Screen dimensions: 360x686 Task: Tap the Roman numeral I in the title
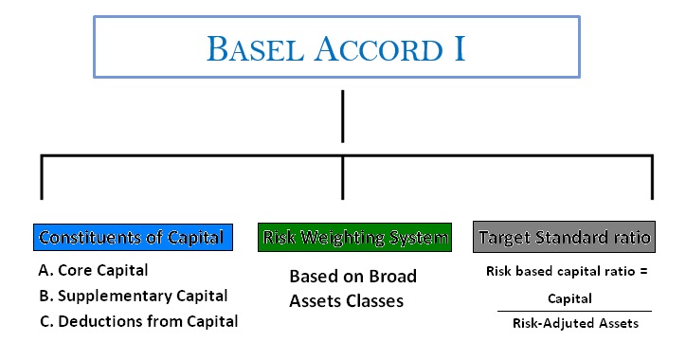click(460, 46)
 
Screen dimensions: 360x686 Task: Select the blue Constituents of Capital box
click(132, 237)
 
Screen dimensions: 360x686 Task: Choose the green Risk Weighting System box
click(354, 237)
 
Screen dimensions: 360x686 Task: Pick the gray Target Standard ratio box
click(565, 237)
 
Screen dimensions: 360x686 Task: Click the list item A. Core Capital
click(94, 270)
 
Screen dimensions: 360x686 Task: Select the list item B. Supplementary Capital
click(134, 296)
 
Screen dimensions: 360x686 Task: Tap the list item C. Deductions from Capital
click(138, 321)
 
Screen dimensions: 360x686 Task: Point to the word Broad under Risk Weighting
click(393, 277)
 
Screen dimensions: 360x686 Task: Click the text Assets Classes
click(347, 301)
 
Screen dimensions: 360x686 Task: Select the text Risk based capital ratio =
click(565, 271)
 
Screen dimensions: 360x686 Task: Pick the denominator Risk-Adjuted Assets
click(571, 323)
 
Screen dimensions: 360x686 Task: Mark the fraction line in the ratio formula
click(571, 311)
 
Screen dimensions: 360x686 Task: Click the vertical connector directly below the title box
click(342, 115)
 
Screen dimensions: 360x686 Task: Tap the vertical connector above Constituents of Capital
click(41, 177)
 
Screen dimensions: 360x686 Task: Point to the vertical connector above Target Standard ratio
click(651, 177)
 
